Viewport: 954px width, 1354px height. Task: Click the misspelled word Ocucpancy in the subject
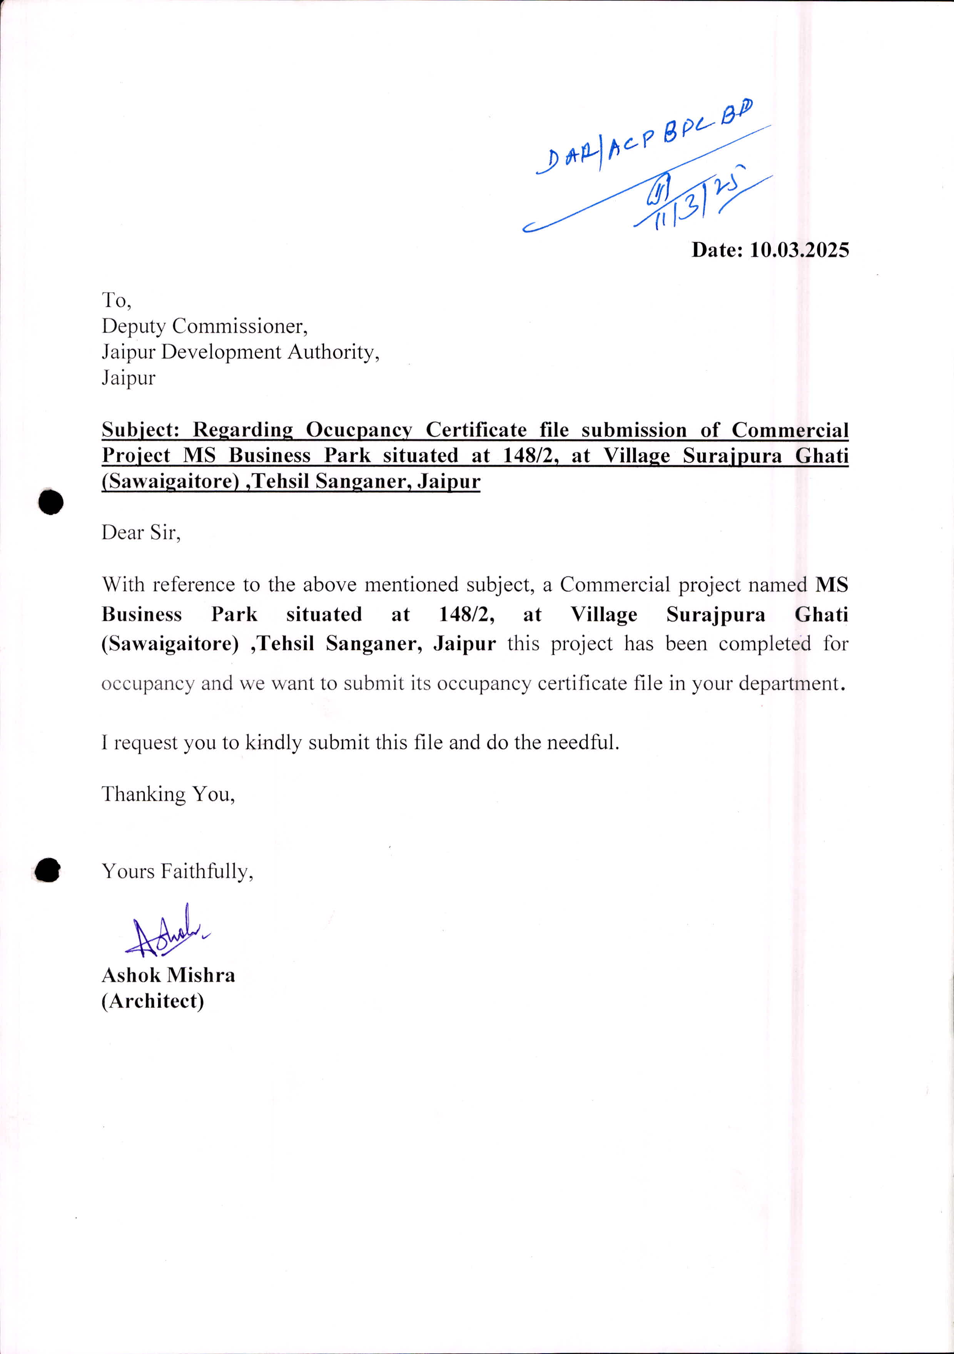(359, 430)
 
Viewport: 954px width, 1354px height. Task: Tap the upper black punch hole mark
(51, 502)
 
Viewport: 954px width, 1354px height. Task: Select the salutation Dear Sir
(141, 533)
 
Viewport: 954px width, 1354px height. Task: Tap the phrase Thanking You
(168, 794)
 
